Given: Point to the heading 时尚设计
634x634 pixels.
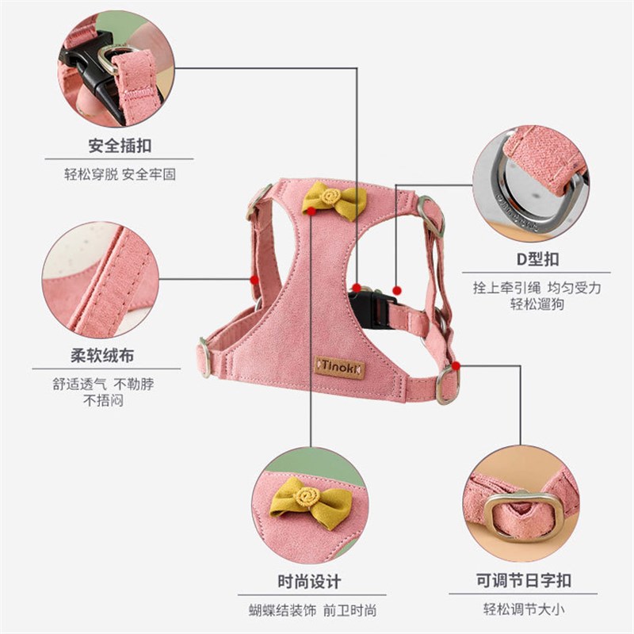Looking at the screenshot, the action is [x=310, y=582].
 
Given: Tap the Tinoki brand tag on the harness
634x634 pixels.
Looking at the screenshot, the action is [x=339, y=366].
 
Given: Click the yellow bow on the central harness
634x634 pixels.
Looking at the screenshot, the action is [x=334, y=198].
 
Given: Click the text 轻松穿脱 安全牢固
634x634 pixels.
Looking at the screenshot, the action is [x=120, y=174].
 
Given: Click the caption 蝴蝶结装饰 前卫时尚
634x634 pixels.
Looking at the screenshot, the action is [x=310, y=609].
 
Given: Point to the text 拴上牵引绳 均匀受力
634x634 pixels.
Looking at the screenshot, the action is [x=537, y=288].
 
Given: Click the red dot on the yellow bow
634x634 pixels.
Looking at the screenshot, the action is [x=313, y=212].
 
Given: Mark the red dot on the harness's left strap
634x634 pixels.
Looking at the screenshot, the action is [x=254, y=278].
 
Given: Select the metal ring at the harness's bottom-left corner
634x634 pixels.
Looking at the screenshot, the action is [x=204, y=356].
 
